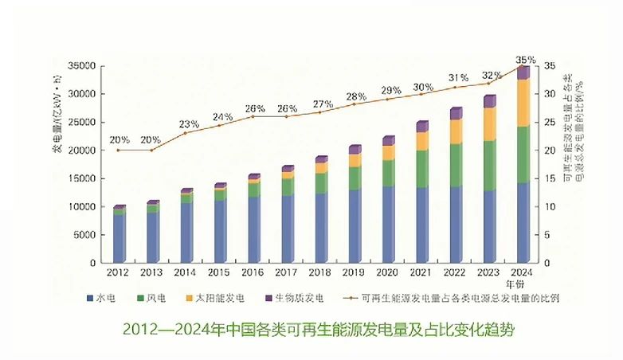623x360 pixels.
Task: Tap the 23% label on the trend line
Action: (x=188, y=124)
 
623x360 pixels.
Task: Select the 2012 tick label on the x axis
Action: (x=119, y=272)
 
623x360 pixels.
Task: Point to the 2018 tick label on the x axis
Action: (x=321, y=272)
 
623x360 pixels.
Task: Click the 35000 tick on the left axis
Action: (x=83, y=65)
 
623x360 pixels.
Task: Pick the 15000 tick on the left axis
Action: (x=83, y=178)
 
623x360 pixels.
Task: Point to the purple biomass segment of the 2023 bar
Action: (x=489, y=101)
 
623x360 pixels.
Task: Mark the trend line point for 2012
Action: (x=119, y=150)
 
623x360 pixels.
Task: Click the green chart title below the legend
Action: (x=311, y=329)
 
